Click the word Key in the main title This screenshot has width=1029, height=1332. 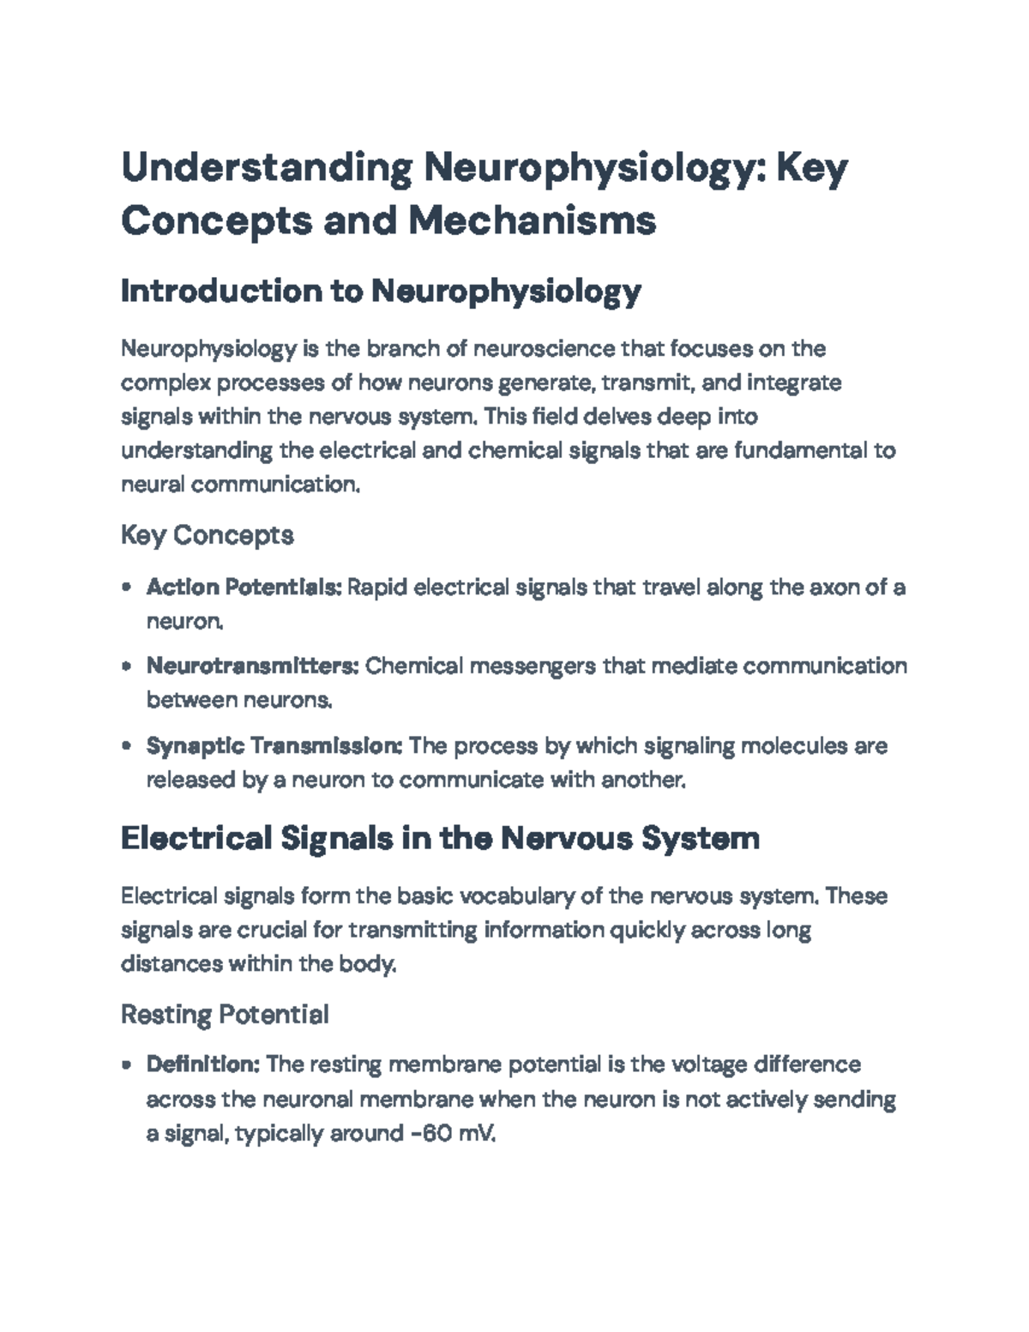811,167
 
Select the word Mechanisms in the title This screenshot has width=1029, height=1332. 532,220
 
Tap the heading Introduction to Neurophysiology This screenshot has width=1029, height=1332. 381,292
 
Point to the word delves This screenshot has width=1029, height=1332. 618,417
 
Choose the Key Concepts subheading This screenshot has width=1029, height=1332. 208,535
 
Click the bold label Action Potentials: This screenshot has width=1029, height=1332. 244,588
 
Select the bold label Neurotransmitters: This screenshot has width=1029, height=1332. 253,666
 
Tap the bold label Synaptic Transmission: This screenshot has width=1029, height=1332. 274,745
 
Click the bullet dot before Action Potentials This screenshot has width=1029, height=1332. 127,588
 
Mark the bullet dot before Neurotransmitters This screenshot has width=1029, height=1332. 127,666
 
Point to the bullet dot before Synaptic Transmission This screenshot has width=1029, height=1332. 127,746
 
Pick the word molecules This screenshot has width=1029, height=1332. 793,745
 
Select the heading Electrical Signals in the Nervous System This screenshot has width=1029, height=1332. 440,838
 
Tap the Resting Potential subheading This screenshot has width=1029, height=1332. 225,1015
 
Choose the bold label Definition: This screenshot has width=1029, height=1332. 203,1064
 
